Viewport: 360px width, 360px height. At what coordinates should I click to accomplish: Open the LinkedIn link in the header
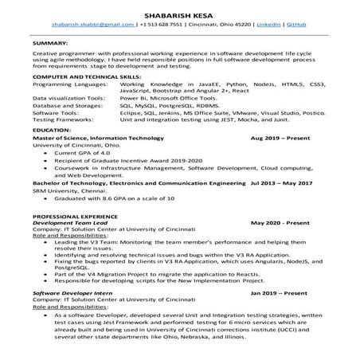click(270, 25)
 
